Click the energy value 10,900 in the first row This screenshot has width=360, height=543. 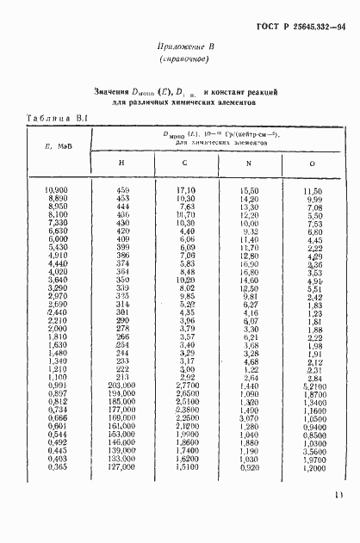click(x=56, y=189)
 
